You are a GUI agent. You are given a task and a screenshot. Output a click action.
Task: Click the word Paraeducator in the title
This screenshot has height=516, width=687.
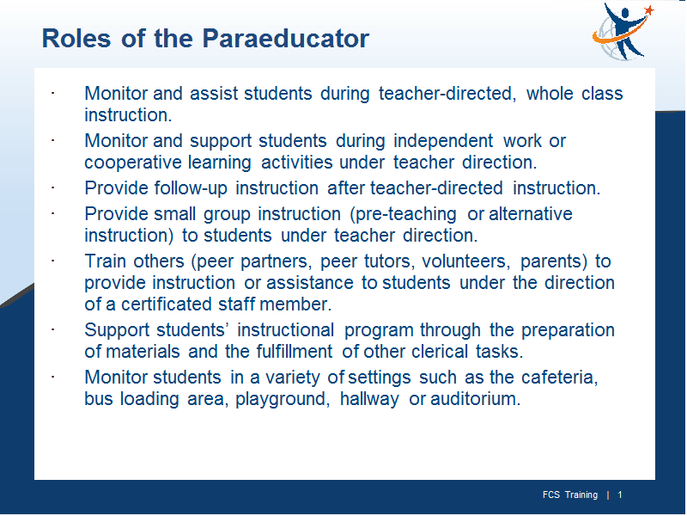click(x=286, y=38)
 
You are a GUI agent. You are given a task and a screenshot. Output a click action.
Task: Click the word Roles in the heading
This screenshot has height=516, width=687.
click(x=76, y=38)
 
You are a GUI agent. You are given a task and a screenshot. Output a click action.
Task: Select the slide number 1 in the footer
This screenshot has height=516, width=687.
click(x=620, y=495)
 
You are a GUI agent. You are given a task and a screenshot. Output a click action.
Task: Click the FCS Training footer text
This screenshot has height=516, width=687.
click(x=570, y=495)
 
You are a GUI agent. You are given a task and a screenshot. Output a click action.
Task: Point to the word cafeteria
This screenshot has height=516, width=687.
click(x=560, y=378)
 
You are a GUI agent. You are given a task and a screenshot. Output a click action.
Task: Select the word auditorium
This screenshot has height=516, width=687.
click(x=476, y=399)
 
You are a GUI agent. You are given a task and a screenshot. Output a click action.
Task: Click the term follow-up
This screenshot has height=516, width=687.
click(x=191, y=188)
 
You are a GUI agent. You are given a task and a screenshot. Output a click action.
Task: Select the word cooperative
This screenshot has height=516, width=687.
click(x=133, y=163)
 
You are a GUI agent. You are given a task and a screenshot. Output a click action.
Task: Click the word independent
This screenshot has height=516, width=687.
click(x=443, y=141)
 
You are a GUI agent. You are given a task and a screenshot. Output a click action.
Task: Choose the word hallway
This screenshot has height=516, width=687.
click(x=369, y=400)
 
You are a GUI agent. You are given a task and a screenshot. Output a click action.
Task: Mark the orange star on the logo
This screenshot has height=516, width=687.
click(x=649, y=9)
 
